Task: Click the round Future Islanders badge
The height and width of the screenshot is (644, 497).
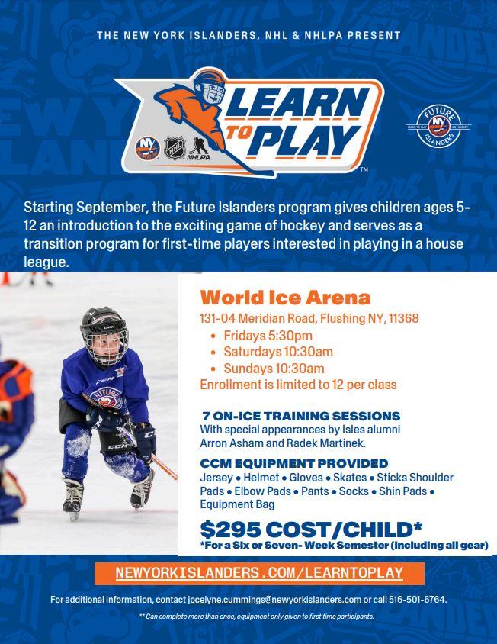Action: coord(438,127)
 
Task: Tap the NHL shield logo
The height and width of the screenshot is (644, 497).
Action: coord(175,148)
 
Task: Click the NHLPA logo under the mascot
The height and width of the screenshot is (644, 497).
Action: coord(199,149)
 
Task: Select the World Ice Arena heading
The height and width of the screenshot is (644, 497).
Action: coord(285,298)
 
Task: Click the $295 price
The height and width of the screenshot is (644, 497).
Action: coord(230,530)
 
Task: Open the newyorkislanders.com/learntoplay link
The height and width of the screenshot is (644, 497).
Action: coord(259,573)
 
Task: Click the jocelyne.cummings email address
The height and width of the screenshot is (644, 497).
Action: coord(274,600)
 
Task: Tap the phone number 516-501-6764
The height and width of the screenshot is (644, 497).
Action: coord(417,600)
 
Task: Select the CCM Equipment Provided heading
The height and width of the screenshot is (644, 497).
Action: coord(293,463)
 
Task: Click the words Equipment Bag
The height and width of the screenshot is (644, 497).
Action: coord(237,504)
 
